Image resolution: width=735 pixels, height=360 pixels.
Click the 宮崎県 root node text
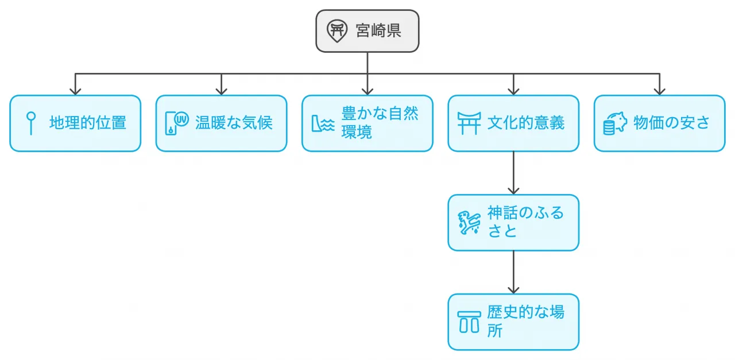(378, 30)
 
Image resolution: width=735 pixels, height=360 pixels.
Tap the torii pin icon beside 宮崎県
(337, 30)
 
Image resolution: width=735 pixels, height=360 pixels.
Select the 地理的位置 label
(87, 123)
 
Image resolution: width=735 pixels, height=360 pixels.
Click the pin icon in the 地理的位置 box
(31, 123)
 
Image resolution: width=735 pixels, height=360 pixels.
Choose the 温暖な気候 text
(234, 123)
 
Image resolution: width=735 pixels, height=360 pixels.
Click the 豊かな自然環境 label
(380, 123)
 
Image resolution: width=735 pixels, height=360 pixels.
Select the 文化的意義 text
(525, 123)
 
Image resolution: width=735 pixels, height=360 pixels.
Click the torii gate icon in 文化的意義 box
(469, 123)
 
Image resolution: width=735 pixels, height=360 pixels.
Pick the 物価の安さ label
(671, 123)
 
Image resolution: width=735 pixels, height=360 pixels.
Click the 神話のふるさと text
(525, 222)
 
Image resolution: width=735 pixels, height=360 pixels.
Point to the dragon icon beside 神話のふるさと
(469, 223)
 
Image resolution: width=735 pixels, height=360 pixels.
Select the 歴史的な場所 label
(525, 322)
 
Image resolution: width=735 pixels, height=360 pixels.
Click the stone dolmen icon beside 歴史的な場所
(469, 322)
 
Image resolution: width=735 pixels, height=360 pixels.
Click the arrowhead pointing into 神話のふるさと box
(513, 190)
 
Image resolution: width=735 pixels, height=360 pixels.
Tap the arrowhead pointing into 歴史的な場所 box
(513, 289)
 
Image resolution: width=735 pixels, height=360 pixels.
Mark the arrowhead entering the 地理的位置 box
(75, 91)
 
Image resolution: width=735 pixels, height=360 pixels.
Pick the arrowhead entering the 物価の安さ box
(659, 91)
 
